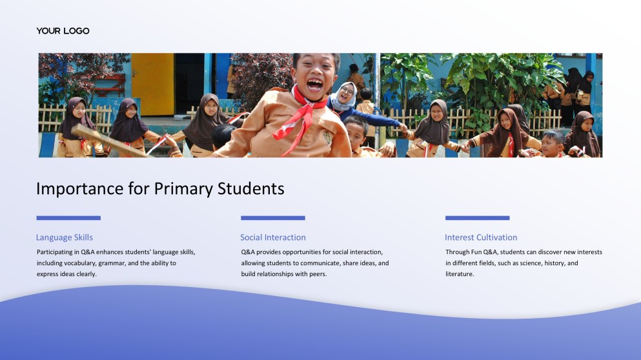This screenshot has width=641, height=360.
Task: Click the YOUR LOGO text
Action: tap(63, 31)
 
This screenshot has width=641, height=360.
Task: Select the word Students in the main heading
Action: tap(250, 189)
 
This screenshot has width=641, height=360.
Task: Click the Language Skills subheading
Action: tap(64, 237)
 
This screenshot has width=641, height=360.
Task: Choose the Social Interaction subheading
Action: tap(272, 237)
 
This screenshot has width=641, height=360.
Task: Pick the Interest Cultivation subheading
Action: tap(481, 237)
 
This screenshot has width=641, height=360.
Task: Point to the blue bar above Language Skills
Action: tap(68, 218)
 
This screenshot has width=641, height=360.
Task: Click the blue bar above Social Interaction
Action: tap(272, 218)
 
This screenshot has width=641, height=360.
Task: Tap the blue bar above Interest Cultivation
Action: tap(477, 218)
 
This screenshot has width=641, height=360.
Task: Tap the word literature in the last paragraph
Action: tap(459, 274)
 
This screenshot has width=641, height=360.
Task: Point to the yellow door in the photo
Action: tap(152, 84)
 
